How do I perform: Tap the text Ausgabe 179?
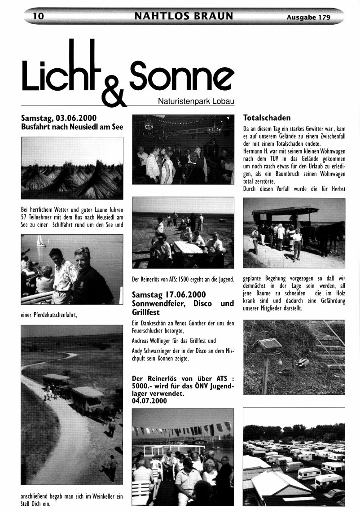tap(308, 18)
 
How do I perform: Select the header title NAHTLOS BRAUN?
tap(184, 17)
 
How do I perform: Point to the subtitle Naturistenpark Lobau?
tap(196, 101)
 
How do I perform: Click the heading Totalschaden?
tap(267, 118)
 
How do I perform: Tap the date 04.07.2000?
tap(149, 401)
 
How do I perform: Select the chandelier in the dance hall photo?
tap(214, 130)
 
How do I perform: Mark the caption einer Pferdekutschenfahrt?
tap(49, 315)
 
